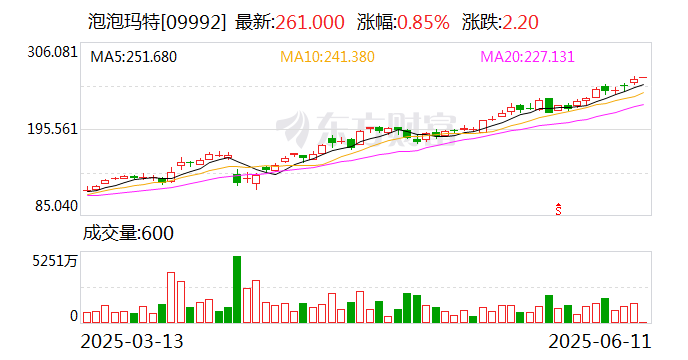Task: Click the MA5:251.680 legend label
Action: [x=133, y=57]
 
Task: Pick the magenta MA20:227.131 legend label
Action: [x=527, y=57]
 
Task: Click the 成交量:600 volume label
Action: [x=128, y=235]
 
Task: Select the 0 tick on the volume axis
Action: [x=73, y=316]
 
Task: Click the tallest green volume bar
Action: [x=237, y=289]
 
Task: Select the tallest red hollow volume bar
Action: [x=171, y=297]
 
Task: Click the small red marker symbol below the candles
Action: [x=559, y=209]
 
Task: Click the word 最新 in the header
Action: [x=252, y=19]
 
